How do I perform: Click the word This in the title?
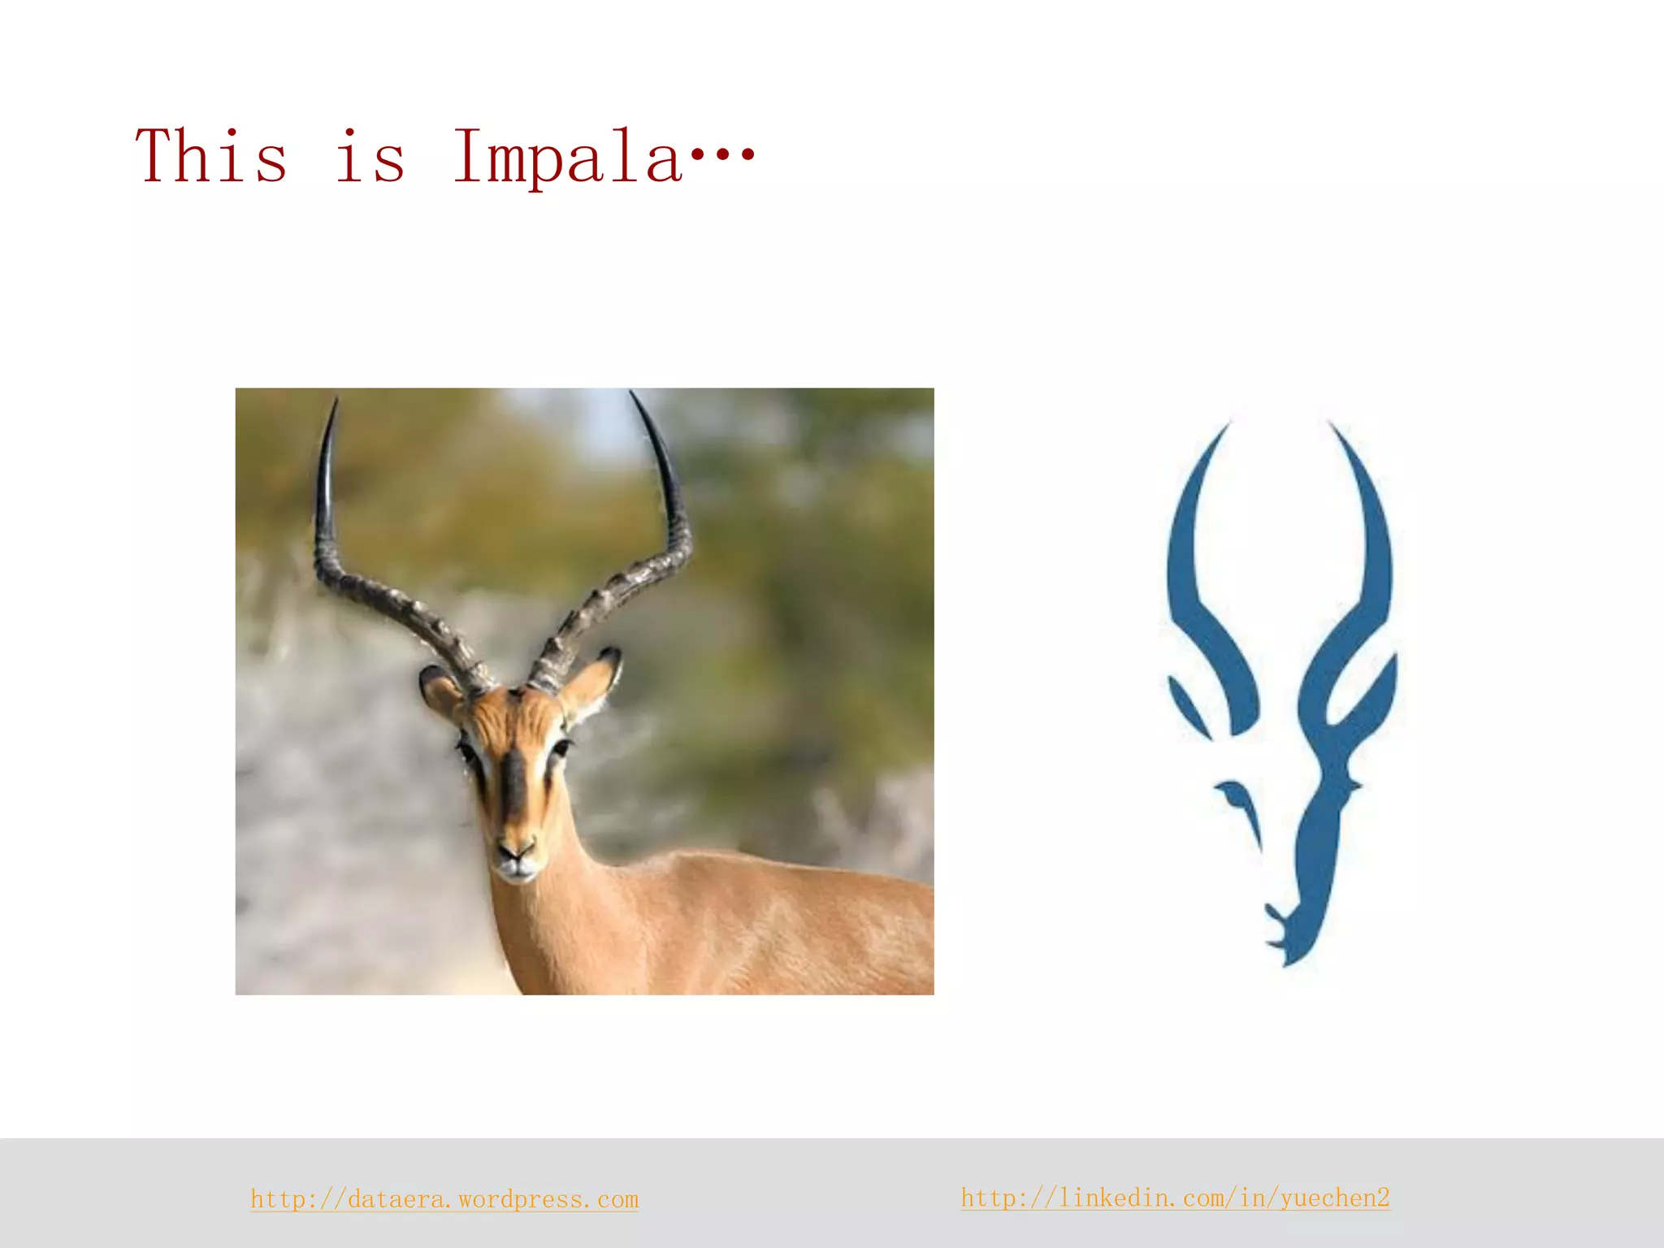tap(211, 156)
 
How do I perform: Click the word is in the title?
tap(370, 156)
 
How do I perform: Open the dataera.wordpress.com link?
tap(444, 1199)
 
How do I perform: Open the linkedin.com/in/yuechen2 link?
tap(1175, 1198)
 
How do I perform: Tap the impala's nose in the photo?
tap(517, 853)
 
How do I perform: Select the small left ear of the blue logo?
tap(1188, 705)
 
